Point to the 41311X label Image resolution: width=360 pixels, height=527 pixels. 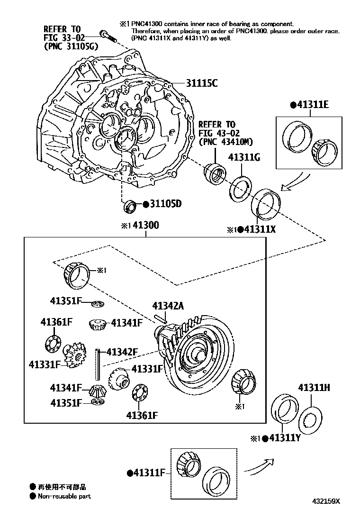click(x=259, y=229)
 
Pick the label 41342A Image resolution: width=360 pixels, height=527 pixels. click(x=168, y=306)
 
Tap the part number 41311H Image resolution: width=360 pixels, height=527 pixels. click(x=314, y=388)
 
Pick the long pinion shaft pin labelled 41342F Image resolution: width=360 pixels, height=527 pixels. click(x=99, y=363)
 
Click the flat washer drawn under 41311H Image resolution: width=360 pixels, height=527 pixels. click(x=312, y=419)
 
